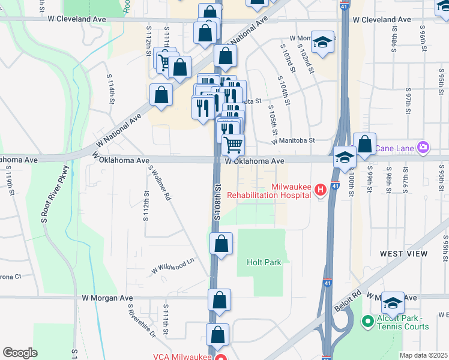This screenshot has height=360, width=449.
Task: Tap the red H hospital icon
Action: click(321, 190)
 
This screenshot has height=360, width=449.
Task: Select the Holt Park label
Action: click(264, 262)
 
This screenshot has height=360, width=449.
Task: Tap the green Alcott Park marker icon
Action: click(368, 322)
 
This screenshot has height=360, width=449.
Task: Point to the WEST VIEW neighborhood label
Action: click(403, 254)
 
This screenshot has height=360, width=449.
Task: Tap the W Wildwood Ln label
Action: click(173, 264)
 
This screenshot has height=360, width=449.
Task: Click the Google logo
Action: click(20, 353)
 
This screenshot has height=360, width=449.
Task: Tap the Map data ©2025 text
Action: click(423, 355)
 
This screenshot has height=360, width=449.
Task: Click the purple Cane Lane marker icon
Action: click(424, 147)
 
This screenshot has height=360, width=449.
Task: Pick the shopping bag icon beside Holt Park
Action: click(221, 244)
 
